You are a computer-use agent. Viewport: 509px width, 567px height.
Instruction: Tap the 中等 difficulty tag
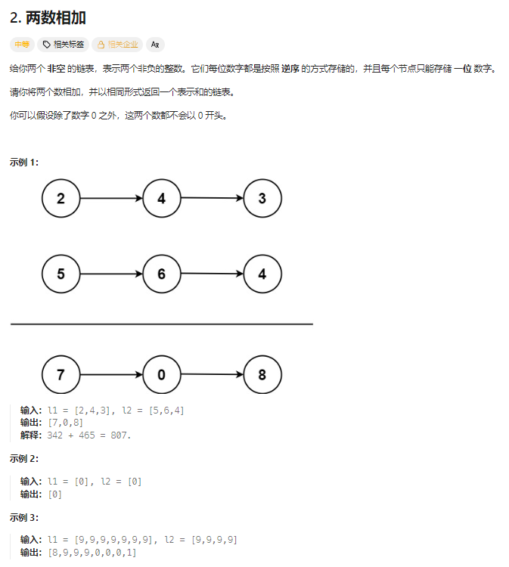(x=21, y=45)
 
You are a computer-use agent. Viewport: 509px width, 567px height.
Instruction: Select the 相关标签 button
(x=64, y=45)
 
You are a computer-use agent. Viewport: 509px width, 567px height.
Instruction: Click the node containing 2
(x=61, y=199)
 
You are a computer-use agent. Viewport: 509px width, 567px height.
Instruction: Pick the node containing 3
(x=262, y=199)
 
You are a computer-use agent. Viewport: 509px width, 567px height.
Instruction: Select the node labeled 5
(x=61, y=274)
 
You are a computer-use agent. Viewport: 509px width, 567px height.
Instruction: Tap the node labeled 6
(x=161, y=274)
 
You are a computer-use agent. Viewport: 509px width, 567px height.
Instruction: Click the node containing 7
(x=61, y=375)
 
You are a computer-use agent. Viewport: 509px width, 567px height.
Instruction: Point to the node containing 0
(x=161, y=375)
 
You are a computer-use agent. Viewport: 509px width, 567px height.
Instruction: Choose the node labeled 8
(x=262, y=375)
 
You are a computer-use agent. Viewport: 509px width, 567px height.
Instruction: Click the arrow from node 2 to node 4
(x=110, y=199)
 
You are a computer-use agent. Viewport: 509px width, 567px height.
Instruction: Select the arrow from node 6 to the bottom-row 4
(x=211, y=274)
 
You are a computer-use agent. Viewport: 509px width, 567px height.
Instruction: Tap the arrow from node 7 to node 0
(x=110, y=375)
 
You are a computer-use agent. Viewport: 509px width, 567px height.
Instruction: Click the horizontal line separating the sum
(x=161, y=324)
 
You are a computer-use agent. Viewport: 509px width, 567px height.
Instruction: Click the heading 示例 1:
(x=24, y=162)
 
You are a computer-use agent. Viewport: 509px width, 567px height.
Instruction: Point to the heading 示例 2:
(x=24, y=459)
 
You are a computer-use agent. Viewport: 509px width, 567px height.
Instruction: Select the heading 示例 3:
(x=24, y=518)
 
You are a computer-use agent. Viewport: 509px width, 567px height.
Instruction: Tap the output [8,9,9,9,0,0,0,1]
(x=92, y=553)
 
